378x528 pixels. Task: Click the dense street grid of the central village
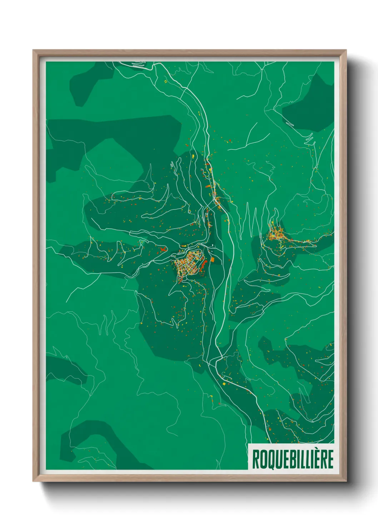pyautogui.click(x=188, y=264)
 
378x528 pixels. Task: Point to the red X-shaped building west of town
pyautogui.click(x=163, y=249)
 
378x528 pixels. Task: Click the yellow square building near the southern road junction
pyautogui.click(x=224, y=384)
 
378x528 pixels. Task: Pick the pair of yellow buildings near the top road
pyautogui.click(x=165, y=82)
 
